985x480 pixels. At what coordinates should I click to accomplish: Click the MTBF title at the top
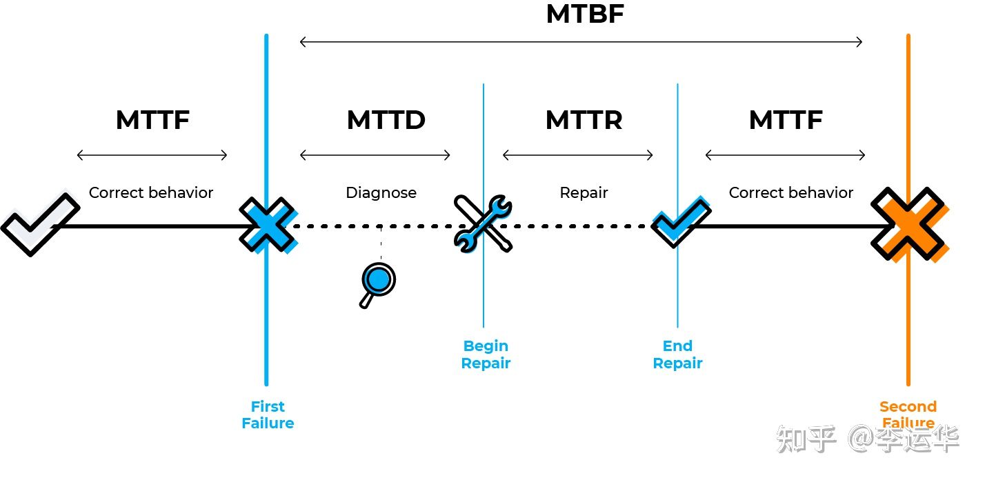(585, 14)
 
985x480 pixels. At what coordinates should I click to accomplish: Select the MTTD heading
(386, 120)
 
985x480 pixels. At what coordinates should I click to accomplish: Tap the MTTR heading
(584, 120)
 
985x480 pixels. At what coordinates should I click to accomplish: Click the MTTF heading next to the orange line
(786, 120)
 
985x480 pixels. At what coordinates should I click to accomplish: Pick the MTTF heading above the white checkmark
(152, 120)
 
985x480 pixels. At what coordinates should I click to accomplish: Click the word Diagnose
(381, 192)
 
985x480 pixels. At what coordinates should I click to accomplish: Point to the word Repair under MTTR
(584, 192)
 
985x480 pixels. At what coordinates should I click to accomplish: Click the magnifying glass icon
(377, 283)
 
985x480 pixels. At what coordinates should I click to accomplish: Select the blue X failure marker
(267, 224)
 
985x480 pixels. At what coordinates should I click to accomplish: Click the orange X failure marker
(908, 224)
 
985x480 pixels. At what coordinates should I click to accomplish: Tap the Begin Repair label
(486, 354)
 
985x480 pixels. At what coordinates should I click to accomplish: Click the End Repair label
(677, 354)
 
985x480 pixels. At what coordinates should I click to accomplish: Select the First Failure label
(268, 414)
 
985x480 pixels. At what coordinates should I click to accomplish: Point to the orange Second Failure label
(908, 414)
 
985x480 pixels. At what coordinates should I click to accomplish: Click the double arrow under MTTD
(375, 155)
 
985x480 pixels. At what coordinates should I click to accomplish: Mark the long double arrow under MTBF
(581, 42)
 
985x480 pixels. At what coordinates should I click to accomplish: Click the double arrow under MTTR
(578, 155)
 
